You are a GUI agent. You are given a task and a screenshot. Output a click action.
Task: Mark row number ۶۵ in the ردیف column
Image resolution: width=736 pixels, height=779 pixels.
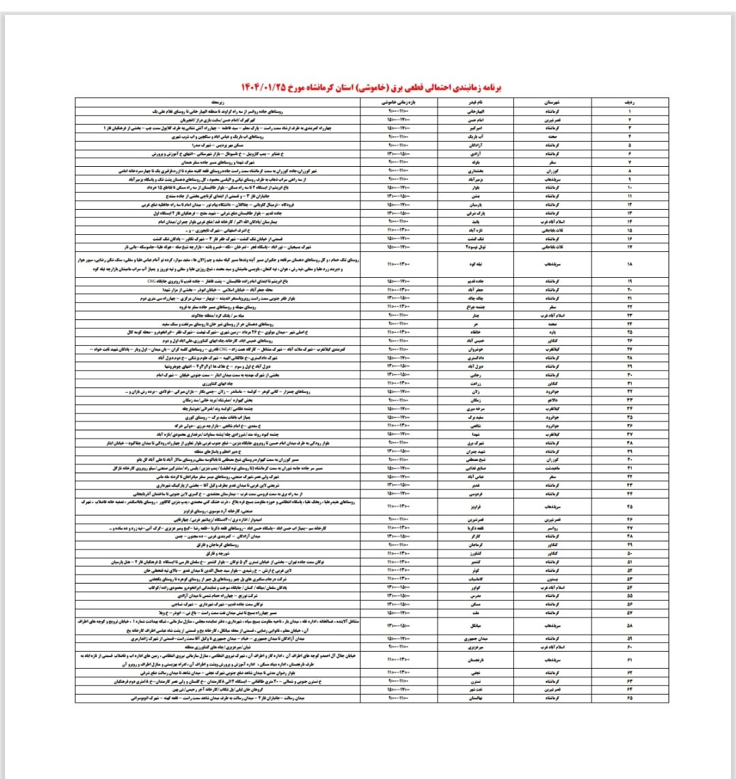(x=628, y=698)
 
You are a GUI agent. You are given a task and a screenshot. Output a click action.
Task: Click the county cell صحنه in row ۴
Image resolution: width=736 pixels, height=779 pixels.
(x=549, y=136)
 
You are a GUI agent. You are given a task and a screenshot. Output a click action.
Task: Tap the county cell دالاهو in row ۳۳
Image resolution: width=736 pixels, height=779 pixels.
(x=549, y=400)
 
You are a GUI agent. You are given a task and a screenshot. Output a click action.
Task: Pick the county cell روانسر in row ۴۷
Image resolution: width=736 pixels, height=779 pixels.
(x=549, y=526)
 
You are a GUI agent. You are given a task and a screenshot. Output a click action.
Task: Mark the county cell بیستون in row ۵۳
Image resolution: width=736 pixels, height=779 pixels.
(x=549, y=577)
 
